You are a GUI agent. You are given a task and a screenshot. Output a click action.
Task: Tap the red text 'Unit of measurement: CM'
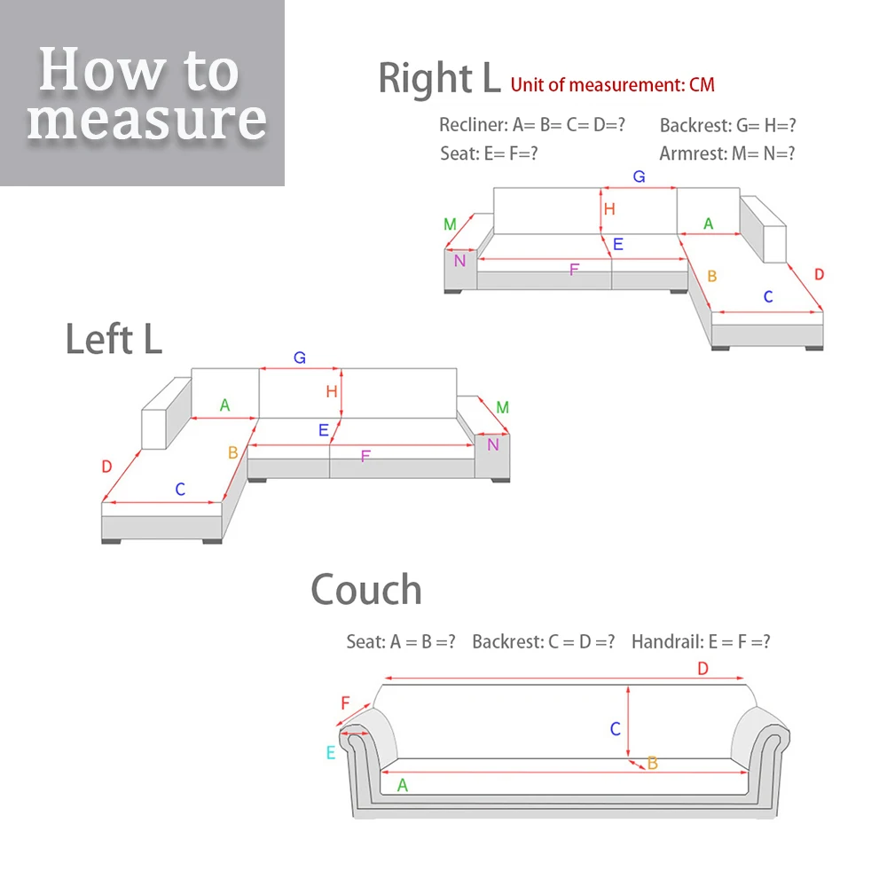pyautogui.click(x=612, y=85)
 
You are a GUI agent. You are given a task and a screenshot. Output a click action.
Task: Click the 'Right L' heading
pyautogui.click(x=439, y=78)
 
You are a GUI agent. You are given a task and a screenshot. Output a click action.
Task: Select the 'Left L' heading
pyautogui.click(x=114, y=339)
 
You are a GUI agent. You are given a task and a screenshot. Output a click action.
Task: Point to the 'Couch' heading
pyautogui.click(x=365, y=590)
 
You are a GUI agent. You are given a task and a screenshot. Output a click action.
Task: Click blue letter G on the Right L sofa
pyautogui.click(x=639, y=177)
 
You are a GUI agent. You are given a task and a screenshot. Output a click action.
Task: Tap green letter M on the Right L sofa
pyautogui.click(x=451, y=224)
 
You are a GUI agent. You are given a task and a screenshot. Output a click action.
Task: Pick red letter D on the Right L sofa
pyautogui.click(x=819, y=274)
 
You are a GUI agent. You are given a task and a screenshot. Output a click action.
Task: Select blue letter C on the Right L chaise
pyautogui.click(x=768, y=296)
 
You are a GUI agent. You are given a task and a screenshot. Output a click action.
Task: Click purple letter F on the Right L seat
pyautogui.click(x=574, y=269)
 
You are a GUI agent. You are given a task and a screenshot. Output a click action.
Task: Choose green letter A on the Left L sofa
pyautogui.click(x=224, y=405)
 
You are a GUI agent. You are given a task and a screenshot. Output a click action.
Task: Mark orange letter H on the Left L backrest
pyautogui.click(x=332, y=391)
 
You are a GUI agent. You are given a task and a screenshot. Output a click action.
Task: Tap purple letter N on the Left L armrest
pyautogui.click(x=493, y=443)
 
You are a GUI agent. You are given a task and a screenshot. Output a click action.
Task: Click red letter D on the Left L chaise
pyautogui.click(x=106, y=467)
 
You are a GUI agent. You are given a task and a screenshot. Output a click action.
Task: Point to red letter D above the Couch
pyautogui.click(x=703, y=668)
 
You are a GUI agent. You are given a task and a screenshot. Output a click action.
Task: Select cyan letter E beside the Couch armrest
pyautogui.click(x=331, y=752)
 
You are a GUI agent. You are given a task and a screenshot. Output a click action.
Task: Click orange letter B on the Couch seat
pyautogui.click(x=652, y=763)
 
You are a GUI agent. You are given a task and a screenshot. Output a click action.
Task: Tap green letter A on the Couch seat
pyautogui.click(x=403, y=785)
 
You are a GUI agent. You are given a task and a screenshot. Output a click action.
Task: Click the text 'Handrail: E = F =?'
pyautogui.click(x=701, y=641)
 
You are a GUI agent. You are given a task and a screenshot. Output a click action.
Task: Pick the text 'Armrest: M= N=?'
pyautogui.click(x=727, y=153)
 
